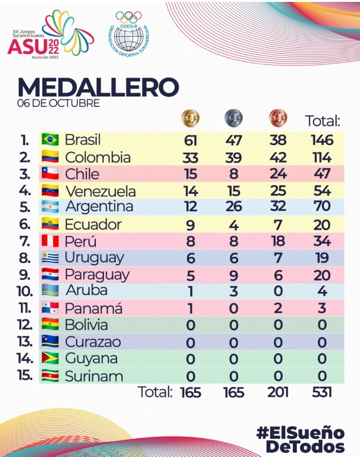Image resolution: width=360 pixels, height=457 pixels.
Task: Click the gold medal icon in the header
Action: (191, 118)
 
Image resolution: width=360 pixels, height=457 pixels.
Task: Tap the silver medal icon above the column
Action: (233, 118)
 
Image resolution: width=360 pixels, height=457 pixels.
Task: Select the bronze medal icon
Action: (278, 118)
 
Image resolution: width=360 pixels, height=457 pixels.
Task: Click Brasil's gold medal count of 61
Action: (191, 140)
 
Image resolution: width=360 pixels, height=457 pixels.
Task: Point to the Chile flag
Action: (50, 174)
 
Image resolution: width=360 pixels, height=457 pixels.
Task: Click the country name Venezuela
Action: (100, 191)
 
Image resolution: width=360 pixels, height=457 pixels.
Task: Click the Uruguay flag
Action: (50, 258)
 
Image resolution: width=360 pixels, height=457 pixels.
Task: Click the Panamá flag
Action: (50, 308)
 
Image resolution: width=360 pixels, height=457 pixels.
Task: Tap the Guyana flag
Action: (50, 358)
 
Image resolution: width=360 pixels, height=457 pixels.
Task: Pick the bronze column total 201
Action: (278, 392)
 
